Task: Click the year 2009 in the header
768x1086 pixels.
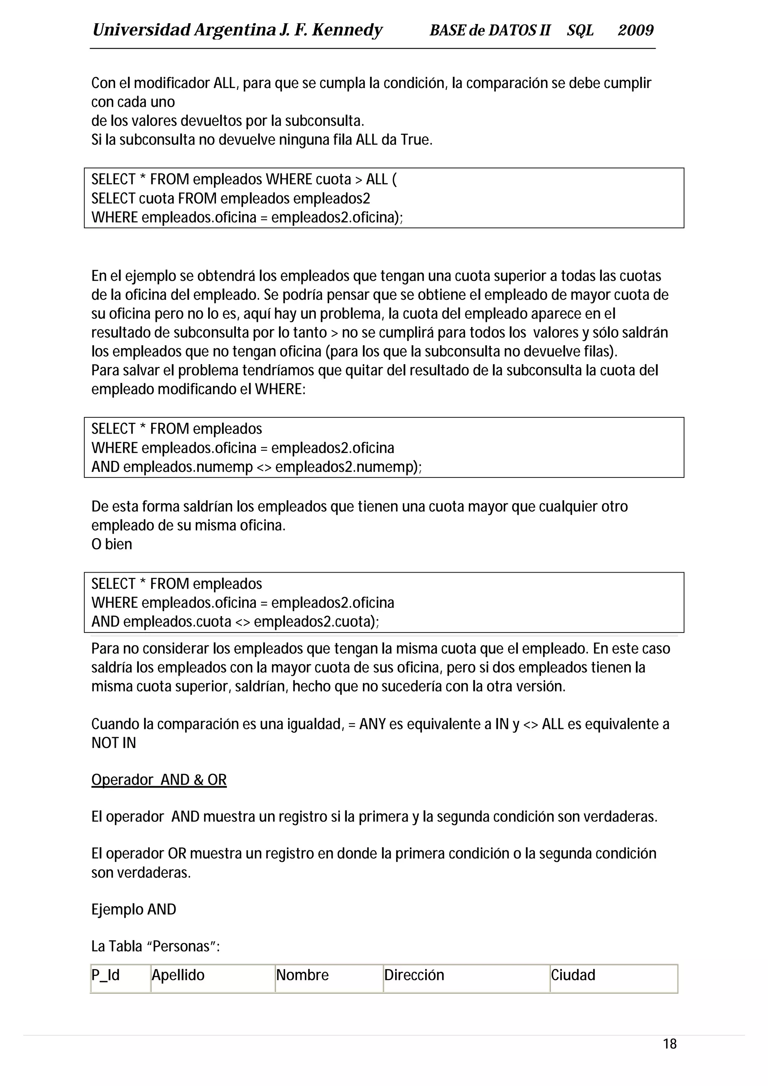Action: pos(636,30)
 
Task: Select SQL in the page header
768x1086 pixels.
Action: pos(580,30)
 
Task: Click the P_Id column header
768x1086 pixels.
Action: pos(105,975)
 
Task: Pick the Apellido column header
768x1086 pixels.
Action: pos(178,975)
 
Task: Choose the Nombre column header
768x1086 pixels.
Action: pos(302,975)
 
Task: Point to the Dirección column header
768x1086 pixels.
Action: pos(414,975)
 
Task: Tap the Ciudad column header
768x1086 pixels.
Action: pos(573,975)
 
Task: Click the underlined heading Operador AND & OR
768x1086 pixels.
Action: pos(159,779)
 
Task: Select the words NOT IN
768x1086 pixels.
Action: pos(114,743)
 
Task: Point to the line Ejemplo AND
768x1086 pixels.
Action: pos(133,909)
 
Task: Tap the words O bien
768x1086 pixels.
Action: pos(112,544)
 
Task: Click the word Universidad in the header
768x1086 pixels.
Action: pos(141,30)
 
